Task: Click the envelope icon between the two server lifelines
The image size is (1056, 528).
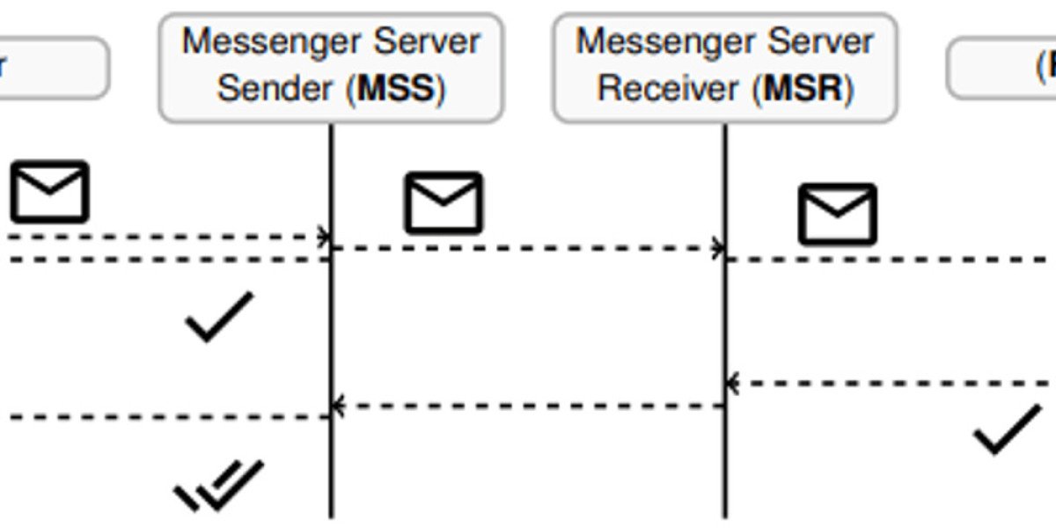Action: point(444,203)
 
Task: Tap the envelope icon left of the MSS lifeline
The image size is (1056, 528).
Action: point(49,191)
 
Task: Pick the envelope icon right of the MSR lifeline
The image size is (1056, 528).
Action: point(837,214)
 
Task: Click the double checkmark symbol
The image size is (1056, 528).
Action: point(219,485)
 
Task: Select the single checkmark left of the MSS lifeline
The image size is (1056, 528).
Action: point(219,316)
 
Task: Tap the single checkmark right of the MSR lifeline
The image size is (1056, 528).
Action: point(1007,429)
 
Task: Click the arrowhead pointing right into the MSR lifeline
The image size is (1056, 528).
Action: point(719,248)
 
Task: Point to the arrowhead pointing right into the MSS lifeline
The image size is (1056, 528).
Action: point(325,237)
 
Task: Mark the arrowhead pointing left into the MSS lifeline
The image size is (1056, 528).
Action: point(338,406)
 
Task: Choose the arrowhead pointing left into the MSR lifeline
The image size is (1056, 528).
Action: point(732,384)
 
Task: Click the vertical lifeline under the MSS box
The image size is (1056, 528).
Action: point(332,334)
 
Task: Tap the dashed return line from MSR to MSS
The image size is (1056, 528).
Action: point(528,406)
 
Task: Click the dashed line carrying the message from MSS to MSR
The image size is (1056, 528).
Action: point(528,248)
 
